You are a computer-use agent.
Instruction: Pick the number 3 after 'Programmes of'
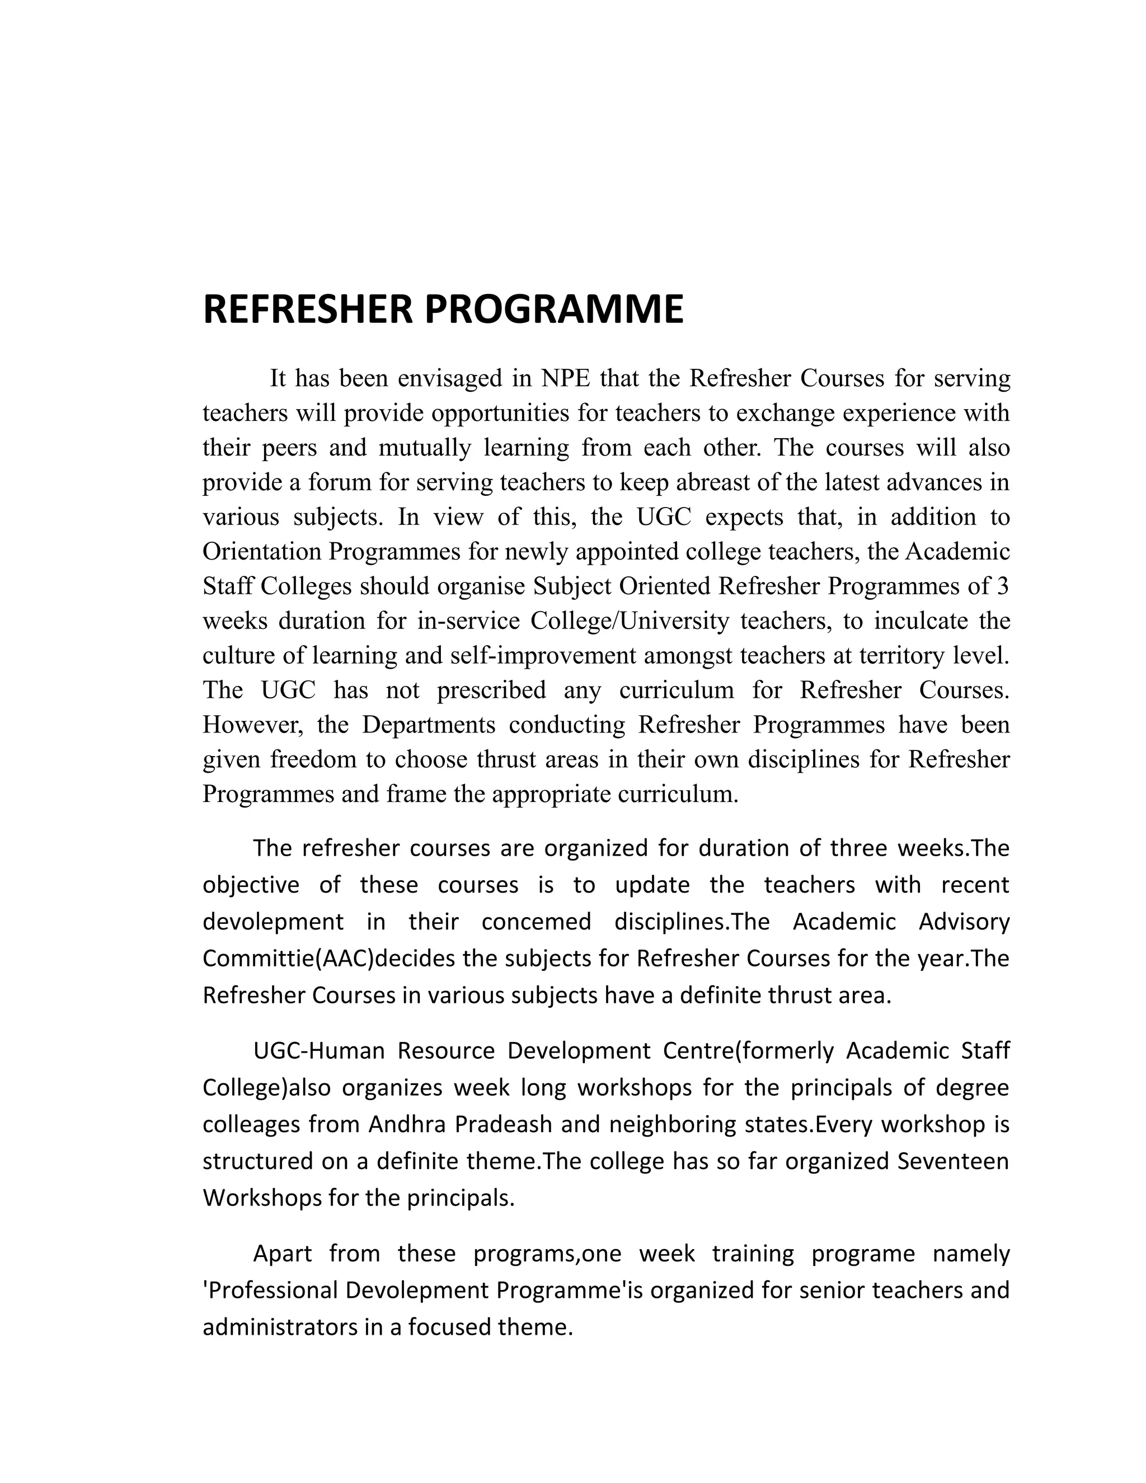tap(1003, 586)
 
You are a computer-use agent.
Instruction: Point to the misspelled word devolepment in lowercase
tap(273, 922)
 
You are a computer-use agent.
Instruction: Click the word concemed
tap(536, 922)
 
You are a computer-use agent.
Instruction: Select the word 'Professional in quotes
tap(270, 1289)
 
